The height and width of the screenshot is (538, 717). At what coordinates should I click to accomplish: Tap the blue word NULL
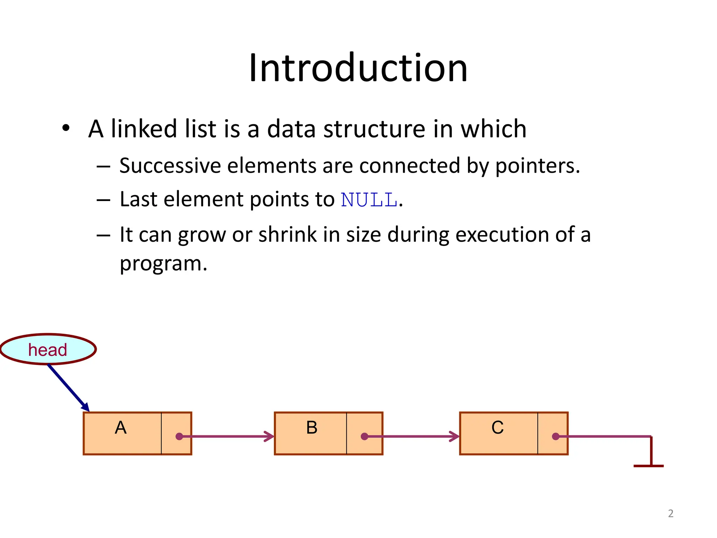tap(369, 200)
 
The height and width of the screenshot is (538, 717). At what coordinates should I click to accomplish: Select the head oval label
tap(48, 350)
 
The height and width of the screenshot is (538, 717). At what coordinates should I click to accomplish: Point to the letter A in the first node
tap(121, 428)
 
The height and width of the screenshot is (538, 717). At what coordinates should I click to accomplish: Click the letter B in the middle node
tap(312, 428)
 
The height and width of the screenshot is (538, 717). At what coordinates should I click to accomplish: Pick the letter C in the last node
tap(497, 428)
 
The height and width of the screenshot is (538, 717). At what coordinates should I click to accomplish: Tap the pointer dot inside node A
tap(179, 436)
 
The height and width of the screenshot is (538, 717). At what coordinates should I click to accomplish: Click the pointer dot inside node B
tap(364, 436)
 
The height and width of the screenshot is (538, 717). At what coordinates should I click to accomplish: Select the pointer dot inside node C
tap(556, 436)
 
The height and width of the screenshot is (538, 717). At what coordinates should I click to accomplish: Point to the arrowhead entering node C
tap(455, 436)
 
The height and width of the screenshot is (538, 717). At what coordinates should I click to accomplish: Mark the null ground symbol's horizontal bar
tap(648, 466)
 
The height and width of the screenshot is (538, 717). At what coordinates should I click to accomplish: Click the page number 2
tap(670, 513)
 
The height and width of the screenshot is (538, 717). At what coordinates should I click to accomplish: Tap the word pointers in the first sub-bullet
tap(537, 166)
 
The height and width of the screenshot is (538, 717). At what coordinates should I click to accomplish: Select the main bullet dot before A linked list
tap(66, 128)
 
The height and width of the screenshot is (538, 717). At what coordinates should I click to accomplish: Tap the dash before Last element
tap(103, 200)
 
